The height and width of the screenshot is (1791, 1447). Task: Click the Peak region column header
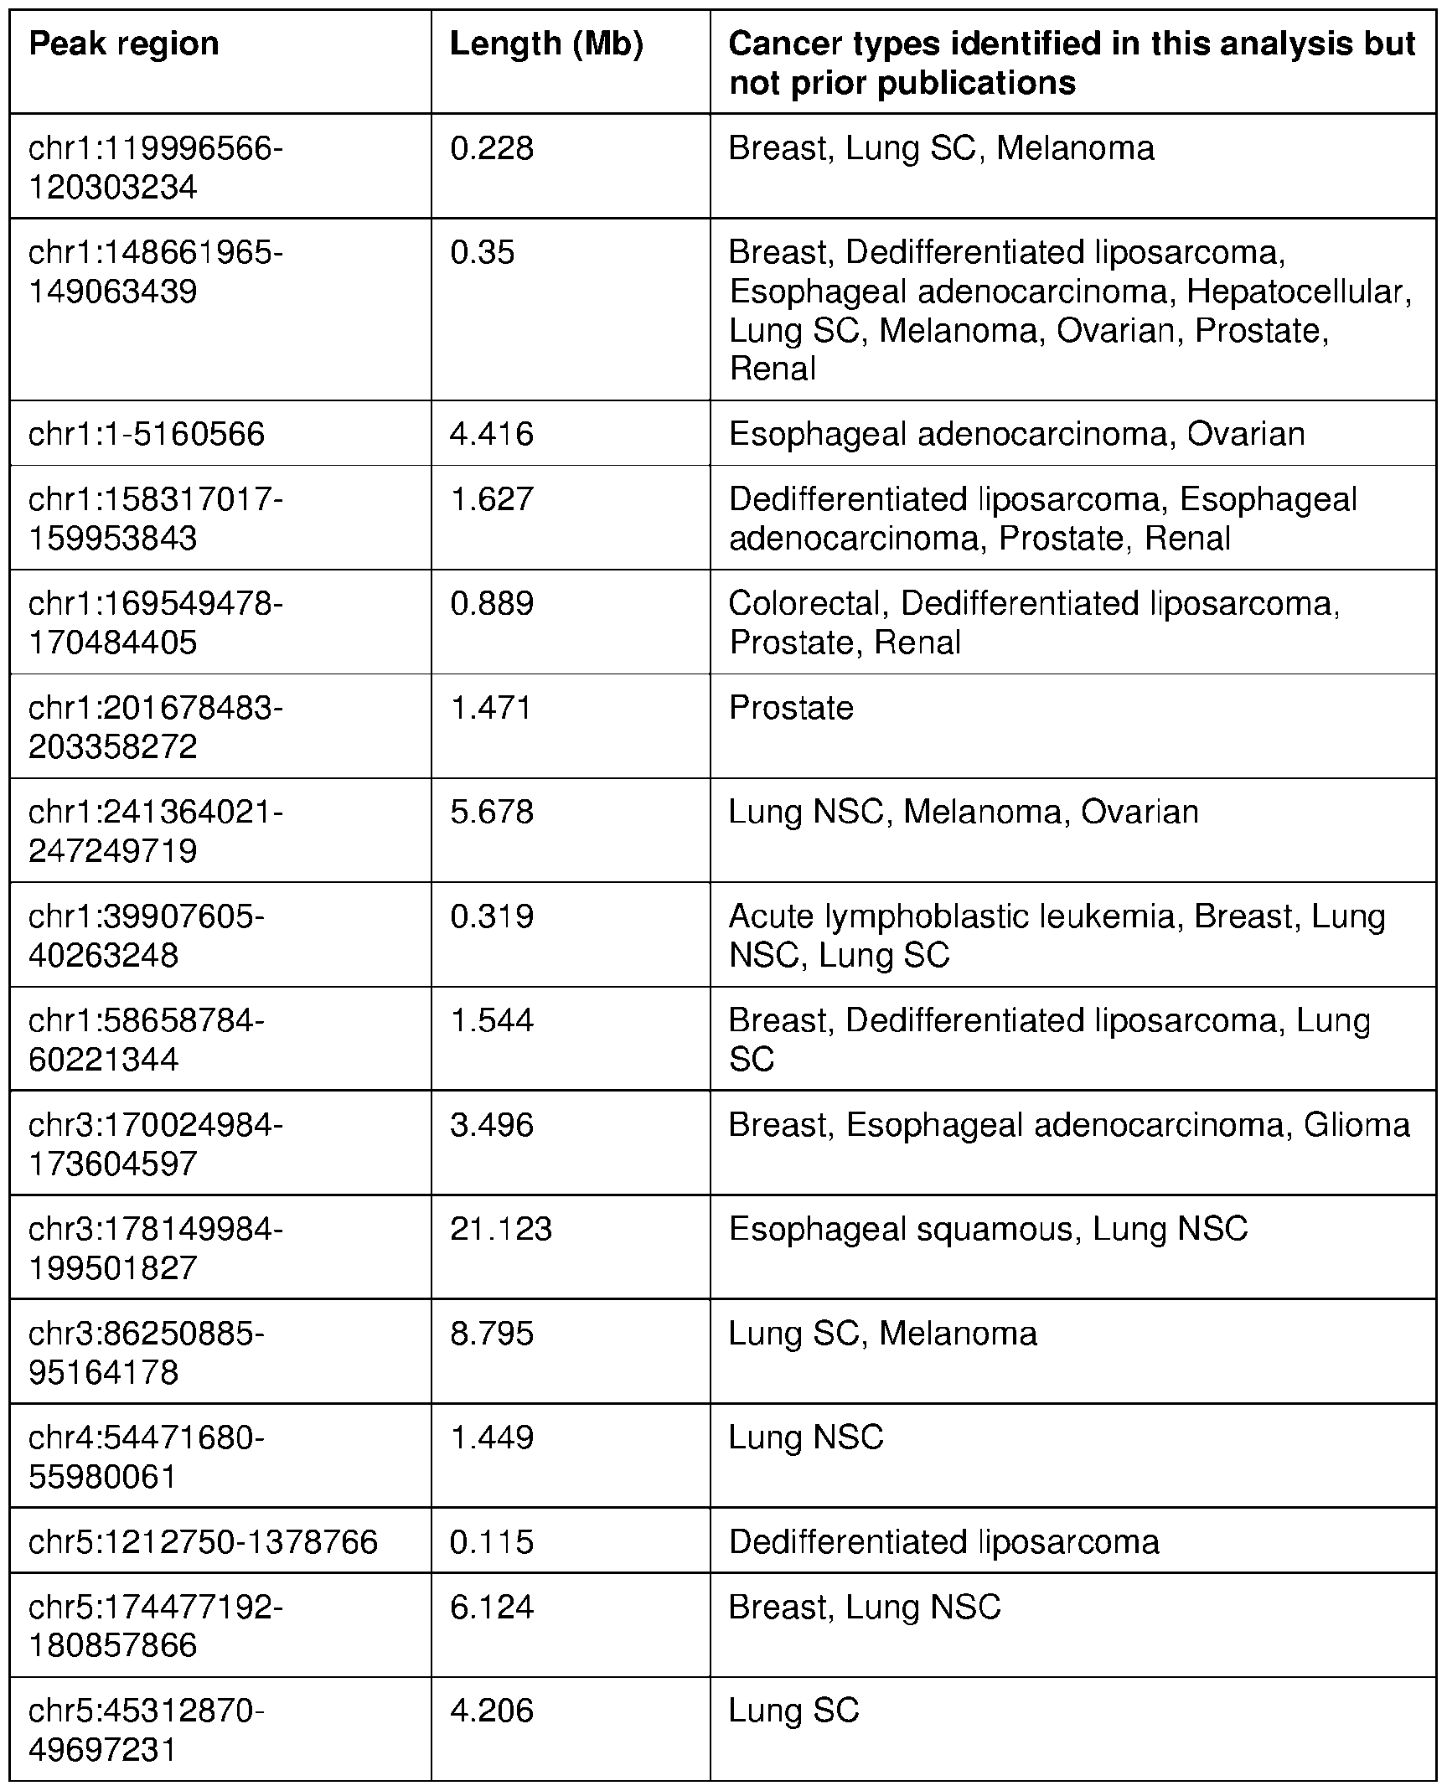pos(124,44)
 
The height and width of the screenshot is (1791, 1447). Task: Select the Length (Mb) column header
pos(546,44)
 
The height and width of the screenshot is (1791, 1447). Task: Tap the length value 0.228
pos(492,148)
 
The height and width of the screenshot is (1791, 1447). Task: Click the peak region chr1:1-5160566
pos(147,434)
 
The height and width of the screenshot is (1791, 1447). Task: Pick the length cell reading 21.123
pos(501,1229)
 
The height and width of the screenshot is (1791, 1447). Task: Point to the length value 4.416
pos(492,434)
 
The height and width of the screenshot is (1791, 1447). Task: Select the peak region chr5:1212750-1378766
pos(204,1541)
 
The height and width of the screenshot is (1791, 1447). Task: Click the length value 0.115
pos(492,1541)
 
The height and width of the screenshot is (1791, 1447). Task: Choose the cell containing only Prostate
pos(791,708)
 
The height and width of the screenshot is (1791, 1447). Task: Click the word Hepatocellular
pos(1300,292)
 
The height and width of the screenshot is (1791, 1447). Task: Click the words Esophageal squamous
pos(901,1229)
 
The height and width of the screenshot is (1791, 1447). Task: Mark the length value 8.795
pos(492,1334)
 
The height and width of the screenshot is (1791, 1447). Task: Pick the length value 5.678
pos(492,812)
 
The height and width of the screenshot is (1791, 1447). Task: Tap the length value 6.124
pos(492,1607)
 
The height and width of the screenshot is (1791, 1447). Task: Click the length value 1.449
pos(492,1437)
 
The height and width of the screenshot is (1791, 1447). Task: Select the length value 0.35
pos(483,252)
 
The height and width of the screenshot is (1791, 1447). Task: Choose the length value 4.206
pos(492,1711)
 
